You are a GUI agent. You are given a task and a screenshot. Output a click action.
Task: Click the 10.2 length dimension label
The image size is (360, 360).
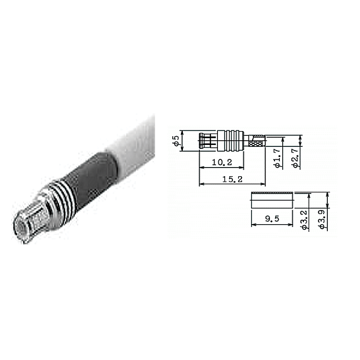(x=222, y=162)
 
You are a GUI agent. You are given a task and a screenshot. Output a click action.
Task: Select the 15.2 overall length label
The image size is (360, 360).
(x=232, y=179)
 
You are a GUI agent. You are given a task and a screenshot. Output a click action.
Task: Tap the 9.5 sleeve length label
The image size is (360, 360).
(x=272, y=218)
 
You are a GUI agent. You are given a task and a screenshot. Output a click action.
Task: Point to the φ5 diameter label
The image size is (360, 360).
(x=176, y=141)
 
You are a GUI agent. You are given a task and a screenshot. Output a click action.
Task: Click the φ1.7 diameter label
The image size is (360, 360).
(x=277, y=158)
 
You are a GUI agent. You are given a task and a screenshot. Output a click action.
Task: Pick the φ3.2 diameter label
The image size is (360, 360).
(x=304, y=220)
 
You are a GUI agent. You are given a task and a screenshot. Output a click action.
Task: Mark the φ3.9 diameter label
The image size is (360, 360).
(x=322, y=220)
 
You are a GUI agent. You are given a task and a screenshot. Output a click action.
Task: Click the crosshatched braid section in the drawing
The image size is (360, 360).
(x=256, y=144)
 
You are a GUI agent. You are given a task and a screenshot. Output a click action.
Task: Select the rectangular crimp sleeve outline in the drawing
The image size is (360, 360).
(x=272, y=200)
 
